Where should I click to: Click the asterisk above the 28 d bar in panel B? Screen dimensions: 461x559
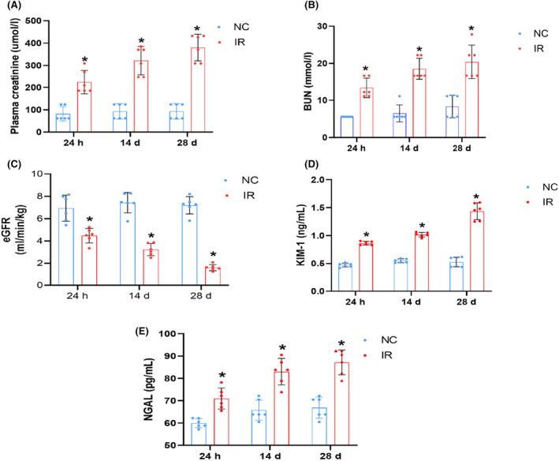[471, 29]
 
